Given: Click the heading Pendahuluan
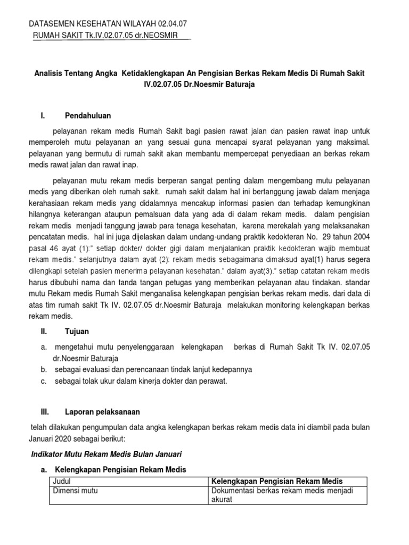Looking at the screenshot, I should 88,115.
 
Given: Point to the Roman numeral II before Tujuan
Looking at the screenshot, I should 44,331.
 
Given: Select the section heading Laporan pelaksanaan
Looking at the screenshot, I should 102,412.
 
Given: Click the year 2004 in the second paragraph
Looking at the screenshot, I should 357,237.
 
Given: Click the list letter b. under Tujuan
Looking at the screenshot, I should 43,369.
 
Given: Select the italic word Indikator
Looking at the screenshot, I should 46,454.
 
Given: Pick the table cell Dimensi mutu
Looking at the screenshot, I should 75,491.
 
